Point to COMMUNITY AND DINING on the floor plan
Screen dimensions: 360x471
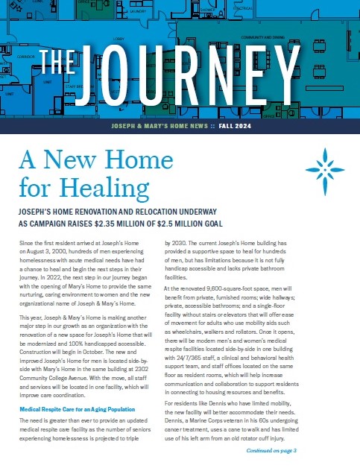pyautogui.click(x=262, y=36)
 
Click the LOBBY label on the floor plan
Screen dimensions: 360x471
pyautogui.click(x=118, y=37)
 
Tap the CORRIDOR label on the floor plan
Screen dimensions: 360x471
pyautogui.click(x=27, y=56)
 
